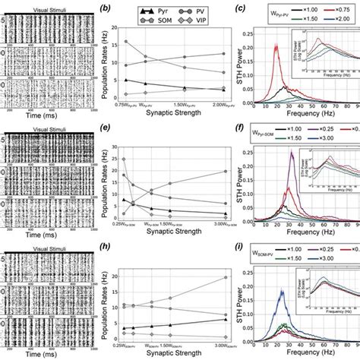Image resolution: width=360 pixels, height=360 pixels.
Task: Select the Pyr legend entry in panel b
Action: click(x=163, y=14)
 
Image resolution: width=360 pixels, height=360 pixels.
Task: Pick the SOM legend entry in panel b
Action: click(x=163, y=24)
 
